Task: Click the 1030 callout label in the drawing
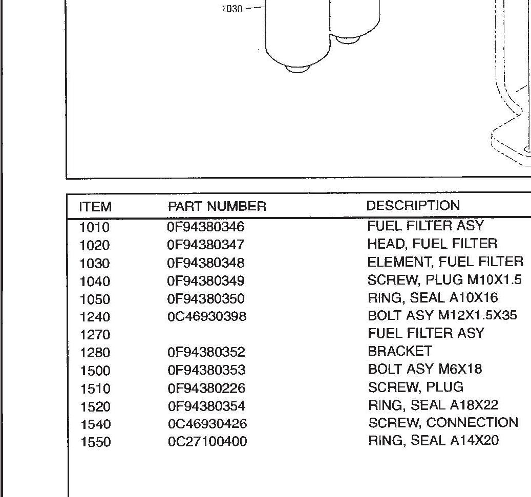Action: click(231, 9)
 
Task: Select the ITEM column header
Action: click(95, 207)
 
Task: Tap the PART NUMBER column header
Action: click(217, 206)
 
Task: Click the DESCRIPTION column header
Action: click(413, 206)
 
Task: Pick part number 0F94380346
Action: click(206, 226)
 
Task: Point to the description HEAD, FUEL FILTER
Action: click(432, 244)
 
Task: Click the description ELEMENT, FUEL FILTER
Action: click(445, 262)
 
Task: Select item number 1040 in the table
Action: click(95, 281)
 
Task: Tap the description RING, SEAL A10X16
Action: click(433, 298)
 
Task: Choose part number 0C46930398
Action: click(207, 316)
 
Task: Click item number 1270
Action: click(95, 335)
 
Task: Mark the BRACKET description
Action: click(400, 351)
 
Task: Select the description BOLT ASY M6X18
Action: click(424, 369)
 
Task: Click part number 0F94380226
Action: click(206, 388)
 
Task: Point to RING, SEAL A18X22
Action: click(433, 405)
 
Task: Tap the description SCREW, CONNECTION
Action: click(443, 423)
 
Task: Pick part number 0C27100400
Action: click(207, 441)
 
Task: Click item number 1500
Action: click(95, 371)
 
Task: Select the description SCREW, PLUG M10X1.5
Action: click(444, 280)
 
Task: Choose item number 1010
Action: click(95, 227)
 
